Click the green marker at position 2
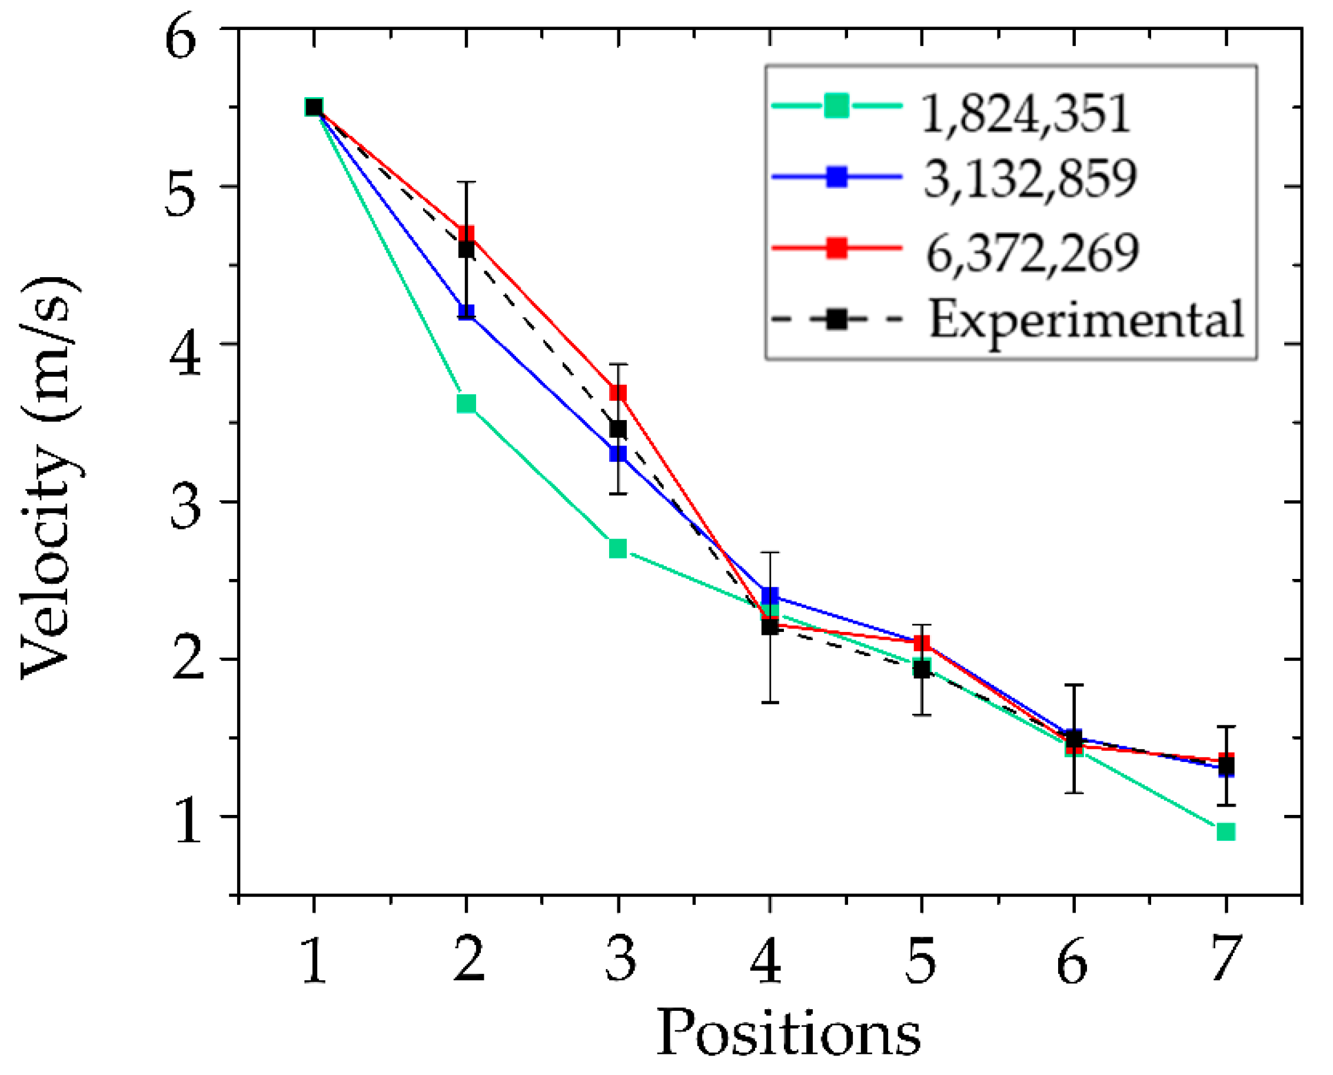click(x=467, y=404)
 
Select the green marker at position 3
click(x=617, y=548)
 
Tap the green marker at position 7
click(x=1226, y=831)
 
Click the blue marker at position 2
click(x=467, y=311)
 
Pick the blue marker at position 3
click(x=617, y=454)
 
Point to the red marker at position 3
click(x=617, y=393)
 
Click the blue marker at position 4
click(x=769, y=595)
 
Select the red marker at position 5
click(x=922, y=643)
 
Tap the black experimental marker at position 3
click(x=617, y=428)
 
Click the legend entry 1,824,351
click(x=1025, y=114)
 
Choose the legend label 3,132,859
click(x=1029, y=179)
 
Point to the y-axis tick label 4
click(x=185, y=355)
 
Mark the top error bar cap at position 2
click(x=467, y=181)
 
